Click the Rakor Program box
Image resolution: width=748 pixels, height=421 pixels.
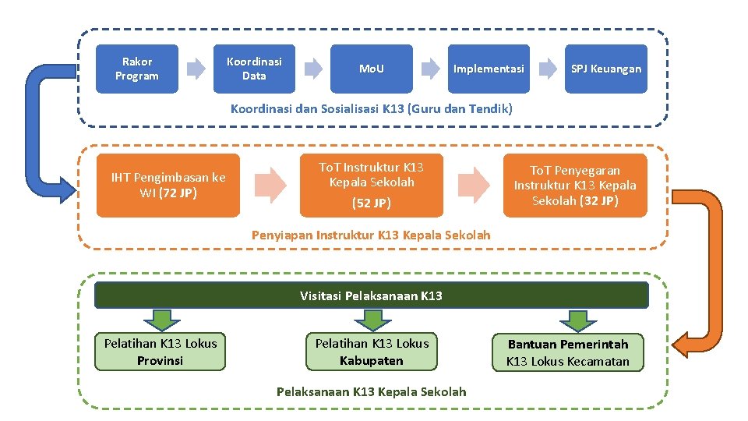[136, 69]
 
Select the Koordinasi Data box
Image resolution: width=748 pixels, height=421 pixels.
[254, 69]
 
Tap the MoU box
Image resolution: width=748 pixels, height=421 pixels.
[371, 69]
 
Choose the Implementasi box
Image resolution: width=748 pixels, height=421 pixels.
[489, 69]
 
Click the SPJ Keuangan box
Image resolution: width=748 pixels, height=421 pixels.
[606, 69]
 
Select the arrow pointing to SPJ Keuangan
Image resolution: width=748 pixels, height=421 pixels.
[548, 69]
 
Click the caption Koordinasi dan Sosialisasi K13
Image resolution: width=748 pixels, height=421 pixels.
[372, 108]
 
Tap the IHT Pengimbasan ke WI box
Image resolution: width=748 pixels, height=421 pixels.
[168, 185]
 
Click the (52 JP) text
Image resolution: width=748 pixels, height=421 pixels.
[371, 203]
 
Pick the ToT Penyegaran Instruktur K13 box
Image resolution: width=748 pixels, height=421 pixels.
[575, 185]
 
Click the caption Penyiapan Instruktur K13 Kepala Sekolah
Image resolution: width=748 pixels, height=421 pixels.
[372, 234]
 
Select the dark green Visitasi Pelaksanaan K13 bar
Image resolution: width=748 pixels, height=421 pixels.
[371, 295]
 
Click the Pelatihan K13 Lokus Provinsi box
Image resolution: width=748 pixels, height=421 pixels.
[161, 352]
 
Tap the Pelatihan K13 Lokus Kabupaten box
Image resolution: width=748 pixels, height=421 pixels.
[372, 352]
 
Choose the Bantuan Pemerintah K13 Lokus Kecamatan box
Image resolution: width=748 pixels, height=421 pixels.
[567, 352]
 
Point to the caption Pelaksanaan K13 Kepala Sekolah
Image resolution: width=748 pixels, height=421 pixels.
[372, 391]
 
